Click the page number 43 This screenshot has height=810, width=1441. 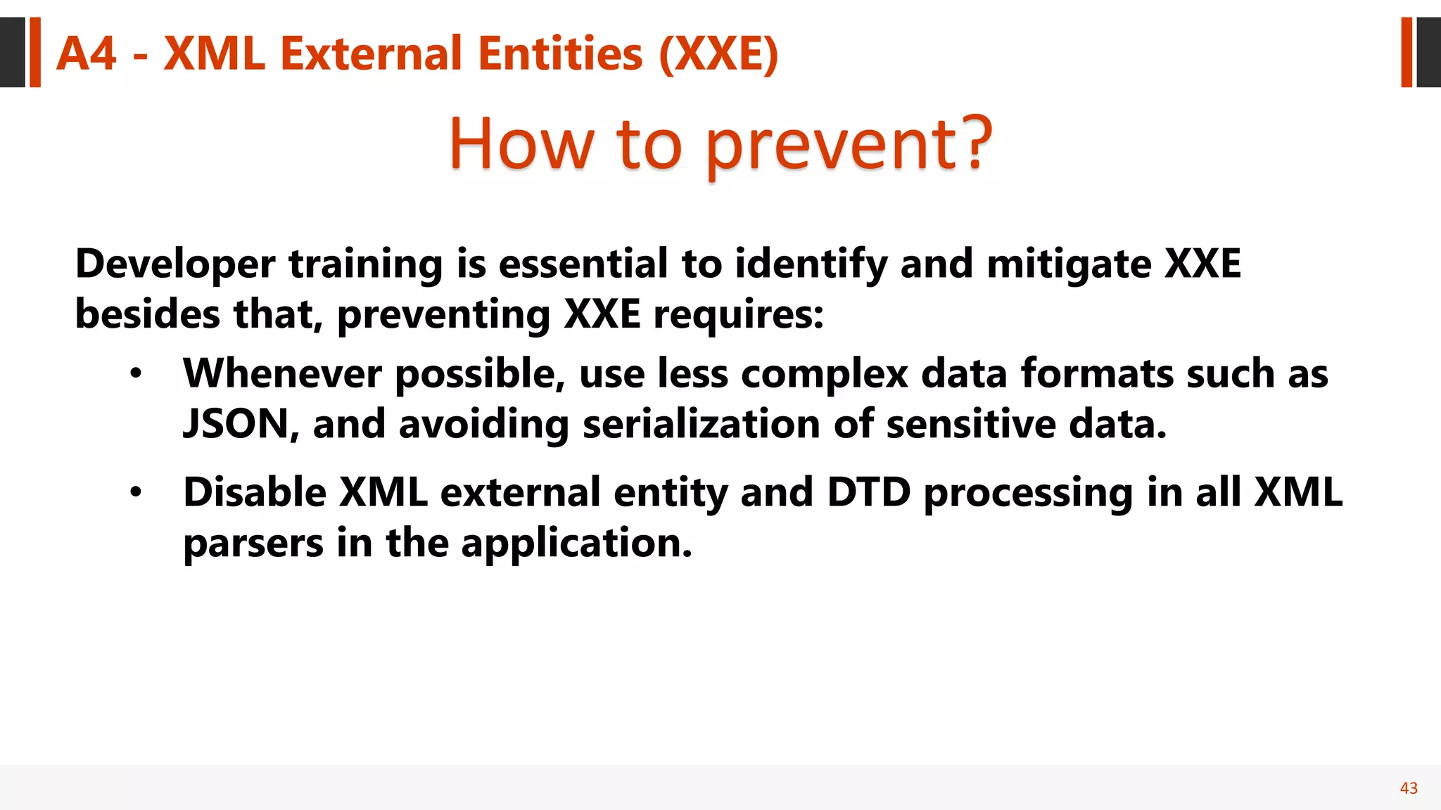click(x=1409, y=788)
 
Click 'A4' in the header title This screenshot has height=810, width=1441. click(x=86, y=54)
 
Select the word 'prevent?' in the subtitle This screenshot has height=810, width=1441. click(x=849, y=145)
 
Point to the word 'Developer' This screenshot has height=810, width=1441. click(x=175, y=265)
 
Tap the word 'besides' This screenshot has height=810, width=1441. click(x=147, y=314)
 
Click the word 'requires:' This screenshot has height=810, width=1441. click(x=738, y=315)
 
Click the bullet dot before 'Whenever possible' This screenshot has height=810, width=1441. click(x=136, y=373)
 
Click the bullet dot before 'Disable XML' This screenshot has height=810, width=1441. click(x=136, y=492)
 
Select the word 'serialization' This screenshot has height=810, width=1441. click(x=702, y=425)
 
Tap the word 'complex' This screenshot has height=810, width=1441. click(x=824, y=375)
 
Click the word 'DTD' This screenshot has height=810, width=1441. click(x=869, y=492)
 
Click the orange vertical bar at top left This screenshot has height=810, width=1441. click(x=34, y=53)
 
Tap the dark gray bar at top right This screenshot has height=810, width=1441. click(x=1428, y=53)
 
